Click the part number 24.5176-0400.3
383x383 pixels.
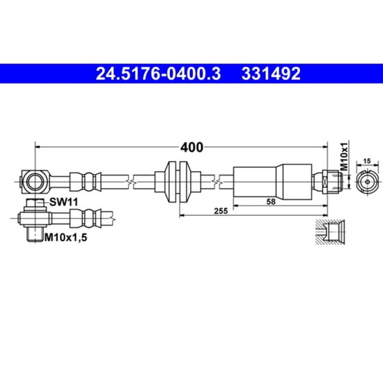[x=158, y=74]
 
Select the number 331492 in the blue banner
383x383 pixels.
[x=271, y=74]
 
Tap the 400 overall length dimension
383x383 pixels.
[x=191, y=148]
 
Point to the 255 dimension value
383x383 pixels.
[x=221, y=211]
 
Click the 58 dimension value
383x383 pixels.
[x=271, y=201]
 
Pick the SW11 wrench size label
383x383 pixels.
[x=64, y=202]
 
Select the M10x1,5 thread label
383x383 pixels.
[x=65, y=237]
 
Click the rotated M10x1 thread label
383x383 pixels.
[x=344, y=156]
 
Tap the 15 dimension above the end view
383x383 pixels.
[x=367, y=161]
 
